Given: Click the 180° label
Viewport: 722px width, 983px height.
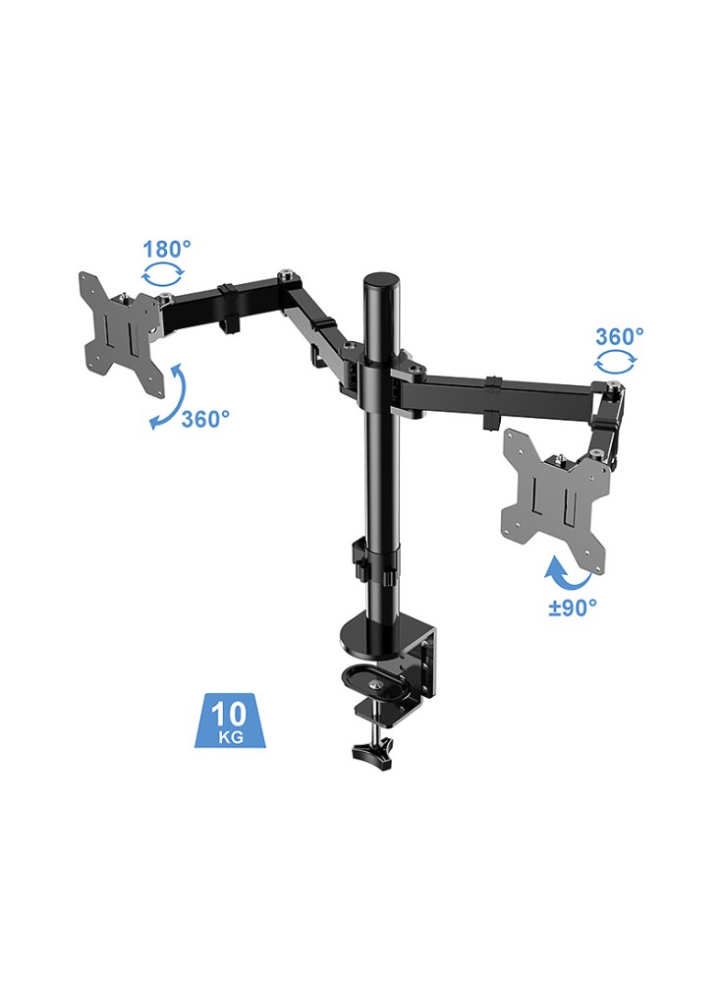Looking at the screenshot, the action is pyautogui.click(x=167, y=249).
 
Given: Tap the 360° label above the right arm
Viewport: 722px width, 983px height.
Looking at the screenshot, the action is pyautogui.click(x=619, y=336).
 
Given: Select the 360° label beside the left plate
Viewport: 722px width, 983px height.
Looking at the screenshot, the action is pyautogui.click(x=205, y=419).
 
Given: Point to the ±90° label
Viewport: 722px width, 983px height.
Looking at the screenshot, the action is pyautogui.click(x=573, y=607).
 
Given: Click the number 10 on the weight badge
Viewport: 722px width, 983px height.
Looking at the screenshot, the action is pyautogui.click(x=229, y=714).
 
